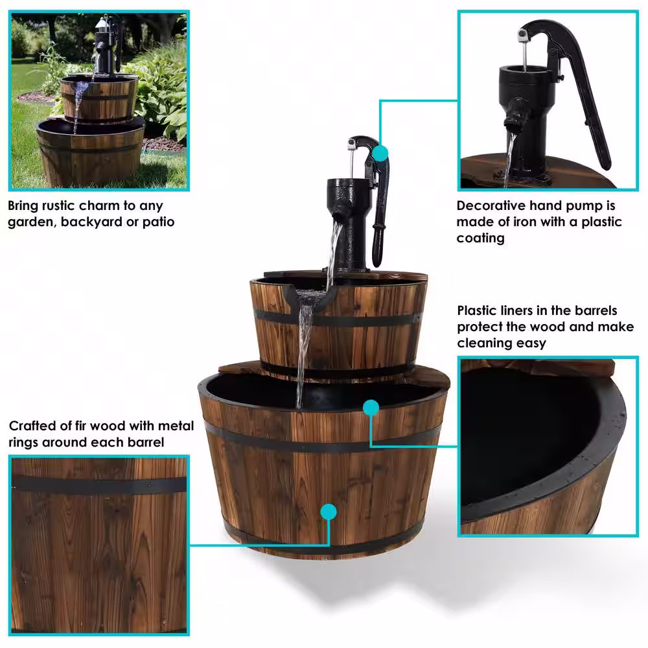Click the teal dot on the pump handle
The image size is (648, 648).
[x=380, y=154]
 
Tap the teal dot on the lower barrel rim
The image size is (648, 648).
[x=371, y=408]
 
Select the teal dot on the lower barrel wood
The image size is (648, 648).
[x=329, y=512]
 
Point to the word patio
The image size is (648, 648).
[x=158, y=222]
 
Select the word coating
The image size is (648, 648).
[x=480, y=238]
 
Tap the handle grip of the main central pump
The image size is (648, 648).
[x=378, y=246]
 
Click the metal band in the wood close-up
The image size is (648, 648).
[x=99, y=484]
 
